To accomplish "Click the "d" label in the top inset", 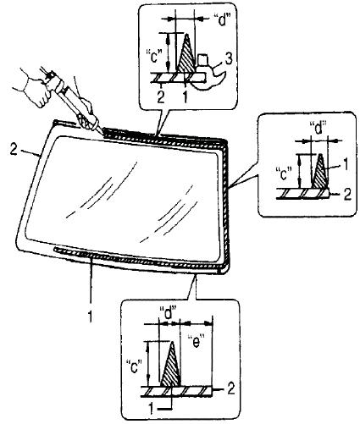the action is coord(223,20).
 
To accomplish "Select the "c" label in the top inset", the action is coord(154,56).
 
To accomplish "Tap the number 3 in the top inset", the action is coord(228,59).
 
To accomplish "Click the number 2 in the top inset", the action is coord(160,97).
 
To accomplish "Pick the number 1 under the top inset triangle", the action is coord(185,97).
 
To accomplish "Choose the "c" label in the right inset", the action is coord(284,173).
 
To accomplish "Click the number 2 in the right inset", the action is coord(347,194).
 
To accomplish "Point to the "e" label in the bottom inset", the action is coord(196,342).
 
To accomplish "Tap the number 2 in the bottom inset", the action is coord(230,389).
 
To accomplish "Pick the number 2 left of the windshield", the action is coord(14,149).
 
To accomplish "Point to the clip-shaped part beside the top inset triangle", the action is coord(211,74).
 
